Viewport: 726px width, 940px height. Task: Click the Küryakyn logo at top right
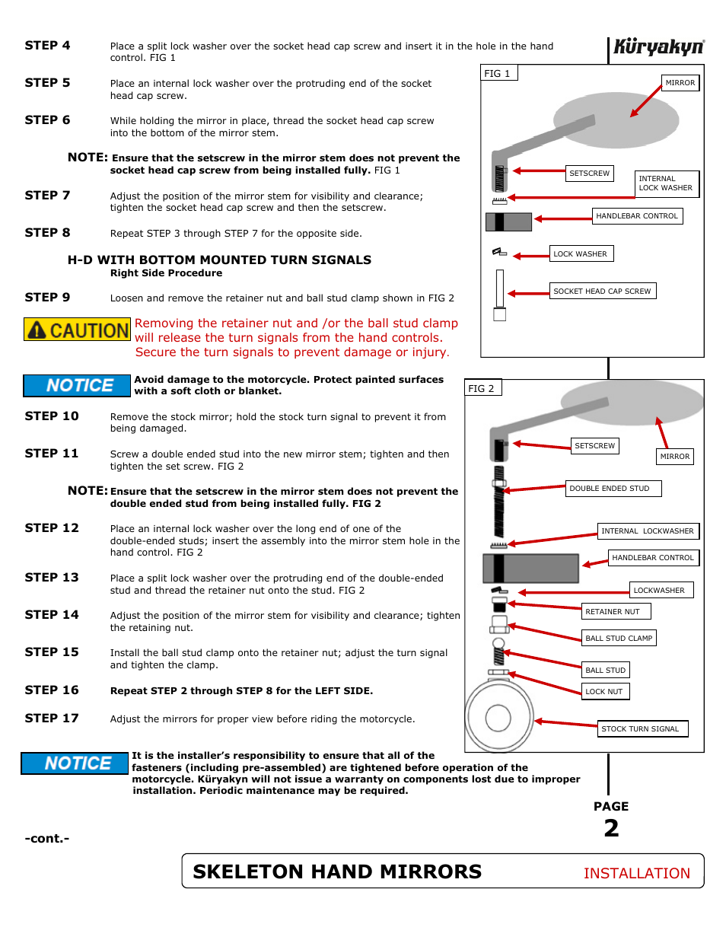[658, 47]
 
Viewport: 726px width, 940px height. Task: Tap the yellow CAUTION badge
[78, 330]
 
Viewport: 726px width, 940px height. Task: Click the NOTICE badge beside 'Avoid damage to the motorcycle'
[78, 386]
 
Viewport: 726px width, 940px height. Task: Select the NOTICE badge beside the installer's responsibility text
[75, 763]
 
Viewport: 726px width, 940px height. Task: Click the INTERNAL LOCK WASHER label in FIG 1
[666, 183]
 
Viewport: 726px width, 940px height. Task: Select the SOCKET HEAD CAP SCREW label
[602, 291]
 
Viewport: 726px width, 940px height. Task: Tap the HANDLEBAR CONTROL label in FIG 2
[653, 558]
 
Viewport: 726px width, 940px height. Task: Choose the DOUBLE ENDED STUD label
[613, 489]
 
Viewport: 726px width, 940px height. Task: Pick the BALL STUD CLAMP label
[619, 638]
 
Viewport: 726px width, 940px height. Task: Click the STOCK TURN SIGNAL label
[642, 728]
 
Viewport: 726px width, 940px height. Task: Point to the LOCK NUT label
[605, 691]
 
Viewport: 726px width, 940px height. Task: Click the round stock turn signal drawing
[498, 717]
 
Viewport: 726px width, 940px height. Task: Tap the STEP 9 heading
[47, 298]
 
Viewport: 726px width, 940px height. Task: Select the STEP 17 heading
[52, 719]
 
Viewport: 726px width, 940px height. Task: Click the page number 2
[611, 828]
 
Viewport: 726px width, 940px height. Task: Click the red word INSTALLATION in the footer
[636, 873]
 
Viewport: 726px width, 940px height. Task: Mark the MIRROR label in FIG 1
[680, 83]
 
